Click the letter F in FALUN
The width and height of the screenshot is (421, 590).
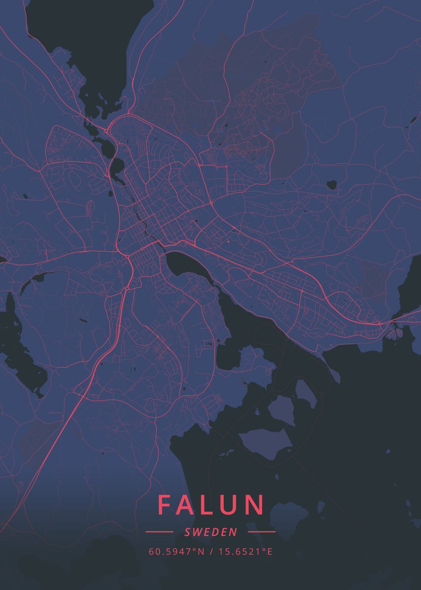(x=166, y=504)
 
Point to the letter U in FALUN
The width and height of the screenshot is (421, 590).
(x=231, y=504)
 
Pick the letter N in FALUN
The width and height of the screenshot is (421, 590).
(x=255, y=504)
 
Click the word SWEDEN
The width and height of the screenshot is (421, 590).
(x=211, y=532)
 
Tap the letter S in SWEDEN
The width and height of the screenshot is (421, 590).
(x=188, y=532)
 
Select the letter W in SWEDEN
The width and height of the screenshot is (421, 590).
(x=196, y=532)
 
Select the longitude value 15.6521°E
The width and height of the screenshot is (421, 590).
(x=244, y=552)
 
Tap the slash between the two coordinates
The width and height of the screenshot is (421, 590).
(x=210, y=552)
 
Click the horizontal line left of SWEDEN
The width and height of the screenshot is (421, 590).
(x=159, y=531)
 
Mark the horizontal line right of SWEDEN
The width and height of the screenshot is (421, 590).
(x=261, y=531)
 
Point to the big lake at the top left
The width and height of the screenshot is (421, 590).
(x=84, y=44)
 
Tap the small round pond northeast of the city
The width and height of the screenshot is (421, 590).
(x=332, y=185)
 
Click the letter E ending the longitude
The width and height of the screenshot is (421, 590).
(x=270, y=552)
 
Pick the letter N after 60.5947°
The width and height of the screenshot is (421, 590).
(x=201, y=552)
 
